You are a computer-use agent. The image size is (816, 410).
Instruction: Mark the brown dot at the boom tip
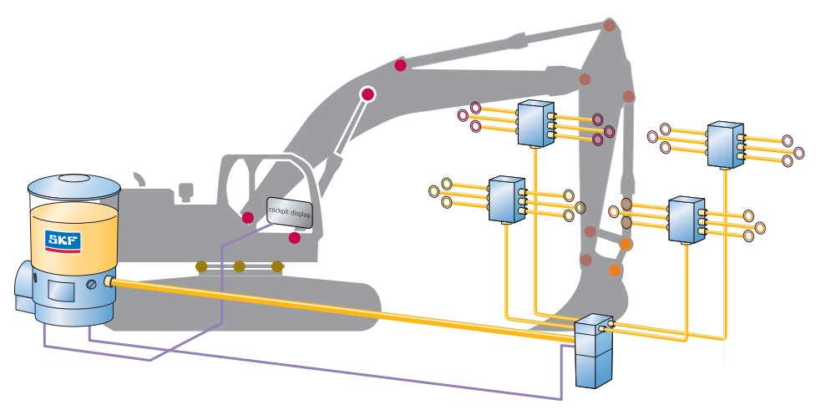pyautogui.click(x=611, y=25)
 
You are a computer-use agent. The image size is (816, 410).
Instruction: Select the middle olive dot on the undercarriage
pyautogui.click(x=239, y=267)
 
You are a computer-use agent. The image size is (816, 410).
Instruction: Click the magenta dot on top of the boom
pyautogui.click(x=401, y=65)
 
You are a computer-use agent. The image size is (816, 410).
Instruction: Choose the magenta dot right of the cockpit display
pyautogui.click(x=294, y=238)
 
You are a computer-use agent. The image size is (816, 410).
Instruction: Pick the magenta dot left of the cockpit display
pyautogui.click(x=248, y=217)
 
